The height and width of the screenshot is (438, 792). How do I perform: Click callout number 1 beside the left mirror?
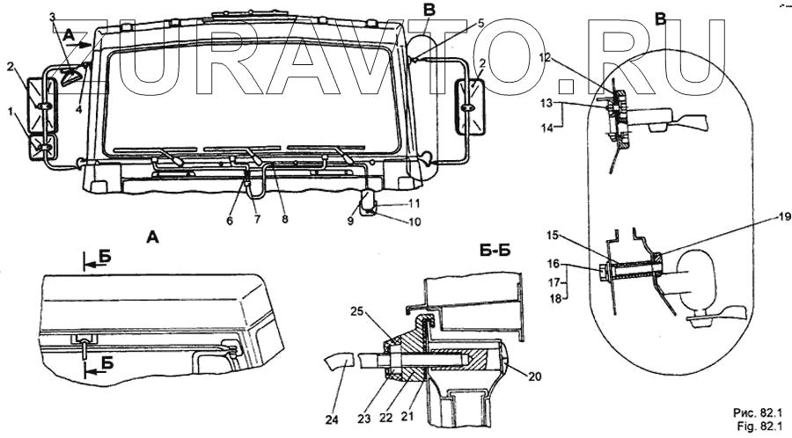coord(11,112)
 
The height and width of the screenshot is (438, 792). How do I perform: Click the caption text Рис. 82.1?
coord(754,412)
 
